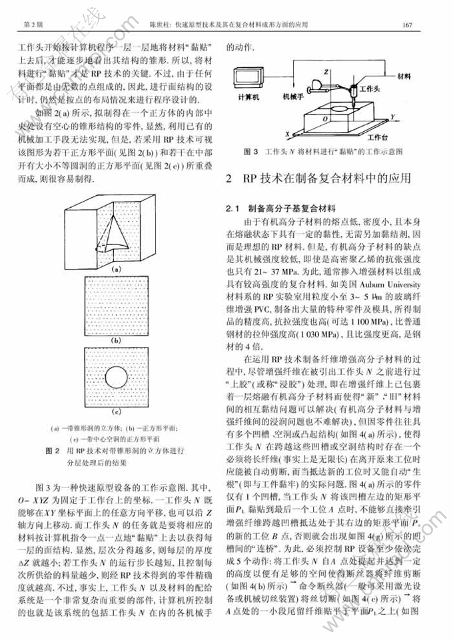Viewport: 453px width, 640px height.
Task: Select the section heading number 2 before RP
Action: pyautogui.click(x=230, y=179)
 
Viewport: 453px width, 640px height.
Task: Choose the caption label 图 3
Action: pyautogui.click(x=252, y=152)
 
